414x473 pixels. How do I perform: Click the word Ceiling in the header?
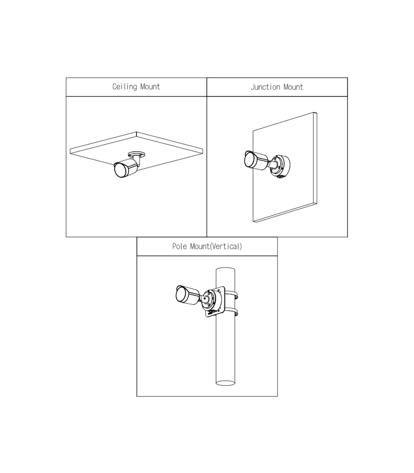(x=125, y=87)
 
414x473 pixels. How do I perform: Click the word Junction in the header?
(x=265, y=87)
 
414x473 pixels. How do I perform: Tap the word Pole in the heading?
(x=179, y=246)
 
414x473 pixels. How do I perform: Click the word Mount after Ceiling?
(x=150, y=87)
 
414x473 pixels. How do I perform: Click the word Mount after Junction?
(x=293, y=87)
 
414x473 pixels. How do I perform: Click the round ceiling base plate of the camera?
(x=137, y=154)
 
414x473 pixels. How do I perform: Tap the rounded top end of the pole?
(x=225, y=269)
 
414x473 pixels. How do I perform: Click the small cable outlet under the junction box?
(x=282, y=177)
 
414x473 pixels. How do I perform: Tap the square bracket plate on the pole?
(x=215, y=302)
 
